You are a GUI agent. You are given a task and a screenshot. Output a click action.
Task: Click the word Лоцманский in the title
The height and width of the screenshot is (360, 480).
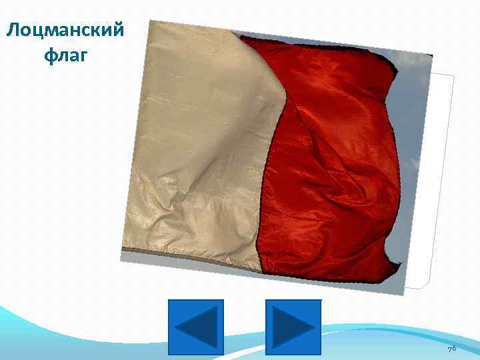[x=65, y=31]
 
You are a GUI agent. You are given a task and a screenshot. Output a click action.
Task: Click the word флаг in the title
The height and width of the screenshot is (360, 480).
[x=65, y=55]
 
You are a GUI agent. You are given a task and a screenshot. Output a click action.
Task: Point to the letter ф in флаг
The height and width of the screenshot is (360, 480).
[x=49, y=55]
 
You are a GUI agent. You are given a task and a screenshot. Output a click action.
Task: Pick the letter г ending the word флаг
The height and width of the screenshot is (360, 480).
[x=83, y=56]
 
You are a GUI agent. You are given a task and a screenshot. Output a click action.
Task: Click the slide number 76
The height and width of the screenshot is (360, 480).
[x=451, y=349]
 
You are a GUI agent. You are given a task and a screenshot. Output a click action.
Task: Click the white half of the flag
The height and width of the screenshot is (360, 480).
[x=193, y=147]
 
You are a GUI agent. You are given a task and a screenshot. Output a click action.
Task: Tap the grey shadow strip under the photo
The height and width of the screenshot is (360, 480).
[x=267, y=281]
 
